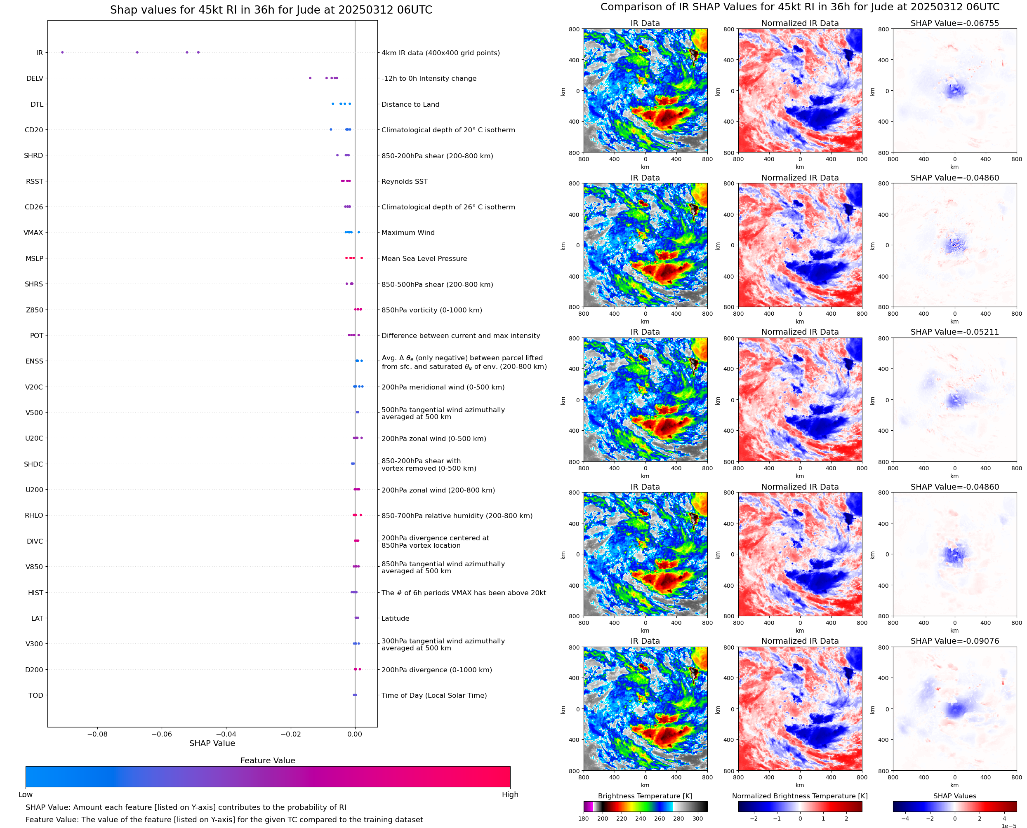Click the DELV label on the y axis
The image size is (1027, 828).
[34, 79]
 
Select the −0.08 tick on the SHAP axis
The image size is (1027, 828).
[97, 734]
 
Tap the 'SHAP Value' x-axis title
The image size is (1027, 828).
[212, 743]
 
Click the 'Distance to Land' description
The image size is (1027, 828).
[410, 104]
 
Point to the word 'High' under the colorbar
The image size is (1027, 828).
[510, 795]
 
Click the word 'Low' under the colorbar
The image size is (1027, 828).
[25, 795]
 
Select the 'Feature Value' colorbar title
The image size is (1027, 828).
[268, 760]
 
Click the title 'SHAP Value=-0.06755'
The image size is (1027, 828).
[954, 23]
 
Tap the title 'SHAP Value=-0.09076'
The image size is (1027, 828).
[954, 641]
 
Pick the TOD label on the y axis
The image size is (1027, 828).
[35, 695]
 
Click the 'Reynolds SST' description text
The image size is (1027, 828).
[404, 182]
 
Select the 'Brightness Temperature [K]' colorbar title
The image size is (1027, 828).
[645, 796]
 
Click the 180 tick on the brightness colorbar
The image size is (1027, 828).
[584, 819]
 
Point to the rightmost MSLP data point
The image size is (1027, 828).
[362, 258]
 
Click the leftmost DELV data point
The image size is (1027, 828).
[310, 78]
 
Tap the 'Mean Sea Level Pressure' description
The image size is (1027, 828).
[424, 258]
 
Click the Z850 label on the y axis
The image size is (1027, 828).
[34, 310]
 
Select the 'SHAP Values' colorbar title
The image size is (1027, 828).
[954, 796]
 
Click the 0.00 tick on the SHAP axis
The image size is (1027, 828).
[355, 734]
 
